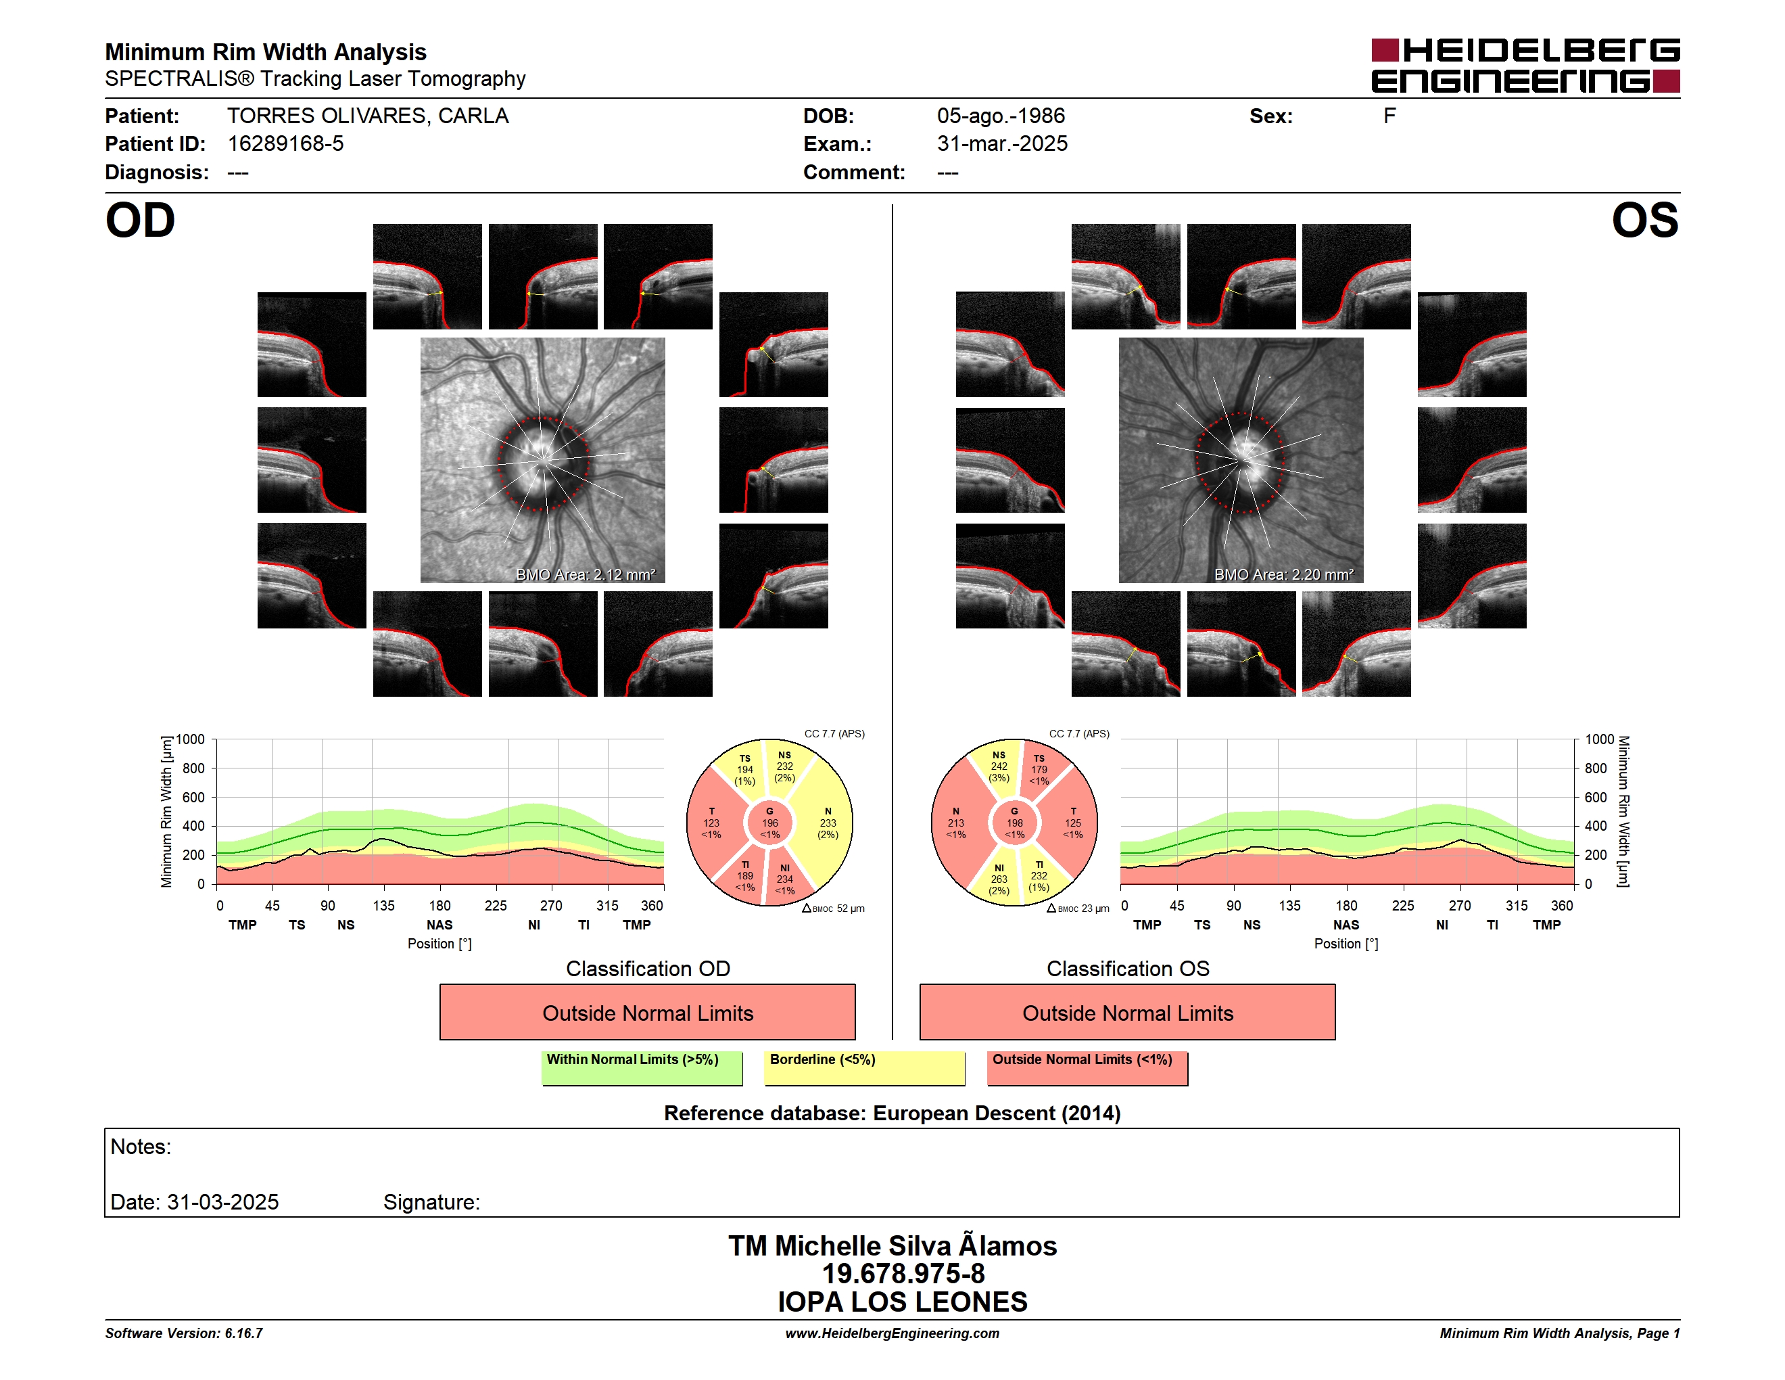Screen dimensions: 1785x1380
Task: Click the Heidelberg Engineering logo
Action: click(1525, 66)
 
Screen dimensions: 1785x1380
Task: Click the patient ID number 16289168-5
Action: click(285, 144)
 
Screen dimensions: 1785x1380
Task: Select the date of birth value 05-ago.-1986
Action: click(1001, 116)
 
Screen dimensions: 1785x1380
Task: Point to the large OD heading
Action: click(140, 221)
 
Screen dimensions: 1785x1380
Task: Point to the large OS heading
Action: click(1644, 221)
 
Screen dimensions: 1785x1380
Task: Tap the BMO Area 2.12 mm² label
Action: click(585, 575)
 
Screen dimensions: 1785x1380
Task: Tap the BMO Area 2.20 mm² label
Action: click(1283, 575)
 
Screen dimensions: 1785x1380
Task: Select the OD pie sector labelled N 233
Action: click(827, 823)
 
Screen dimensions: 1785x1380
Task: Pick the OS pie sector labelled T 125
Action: click(1072, 823)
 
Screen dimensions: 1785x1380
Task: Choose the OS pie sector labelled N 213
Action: click(956, 823)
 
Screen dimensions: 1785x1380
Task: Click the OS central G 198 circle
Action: click(1014, 823)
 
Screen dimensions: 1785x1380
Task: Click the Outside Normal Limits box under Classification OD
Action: click(647, 1012)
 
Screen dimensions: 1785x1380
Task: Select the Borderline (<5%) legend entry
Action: click(865, 1067)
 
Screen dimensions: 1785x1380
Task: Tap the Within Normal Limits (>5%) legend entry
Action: click(642, 1067)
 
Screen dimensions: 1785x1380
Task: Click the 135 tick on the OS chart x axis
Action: click(1289, 906)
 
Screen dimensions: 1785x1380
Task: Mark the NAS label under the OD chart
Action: click(439, 925)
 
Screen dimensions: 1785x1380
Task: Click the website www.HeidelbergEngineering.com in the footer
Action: click(892, 1333)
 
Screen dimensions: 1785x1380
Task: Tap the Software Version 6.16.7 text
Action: click(184, 1333)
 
